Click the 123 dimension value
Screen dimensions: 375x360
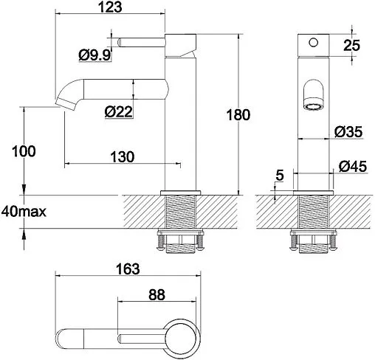[110, 7]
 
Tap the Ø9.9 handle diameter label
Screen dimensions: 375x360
[94, 55]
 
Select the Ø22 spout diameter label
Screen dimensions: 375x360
[119, 112]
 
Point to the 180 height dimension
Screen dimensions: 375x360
[238, 115]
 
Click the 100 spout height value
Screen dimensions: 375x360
[24, 151]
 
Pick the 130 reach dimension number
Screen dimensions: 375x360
[123, 157]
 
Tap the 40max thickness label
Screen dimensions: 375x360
[24, 212]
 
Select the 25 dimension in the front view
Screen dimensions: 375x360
[351, 45]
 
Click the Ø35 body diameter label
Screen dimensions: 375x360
[348, 131]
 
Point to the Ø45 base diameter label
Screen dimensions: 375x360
[353, 167]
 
